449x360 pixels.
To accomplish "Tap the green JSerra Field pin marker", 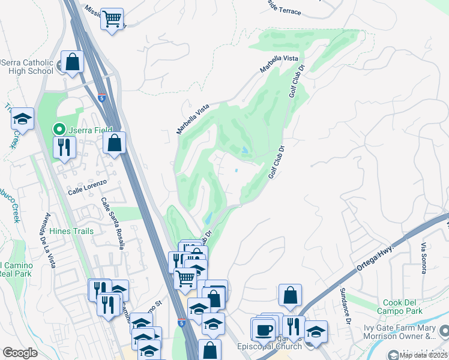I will pyautogui.click(x=59, y=128).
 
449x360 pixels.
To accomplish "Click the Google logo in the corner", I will pyautogui.click(x=20, y=353).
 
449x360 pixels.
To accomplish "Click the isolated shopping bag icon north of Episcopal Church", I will pyautogui.click(x=290, y=295).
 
